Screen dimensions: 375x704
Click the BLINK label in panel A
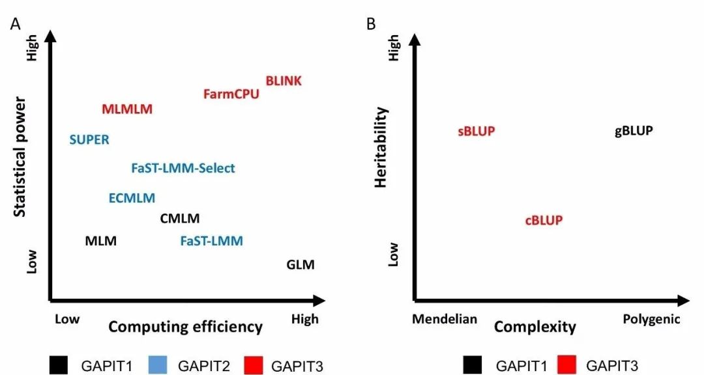tap(284, 81)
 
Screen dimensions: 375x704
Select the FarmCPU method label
tap(231, 94)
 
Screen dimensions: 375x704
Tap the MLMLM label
tap(127, 109)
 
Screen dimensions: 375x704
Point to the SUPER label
tap(89, 139)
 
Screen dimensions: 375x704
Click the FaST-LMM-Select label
tap(183, 169)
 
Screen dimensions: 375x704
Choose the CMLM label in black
tap(180, 219)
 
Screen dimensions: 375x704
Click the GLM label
tap(301, 265)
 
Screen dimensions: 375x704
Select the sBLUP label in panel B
tap(477, 132)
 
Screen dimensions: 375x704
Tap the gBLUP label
tap(634, 132)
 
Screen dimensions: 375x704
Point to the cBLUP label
tap(544, 221)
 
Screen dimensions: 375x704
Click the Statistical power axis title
tap(20, 157)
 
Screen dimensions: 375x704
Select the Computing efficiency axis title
tap(185, 327)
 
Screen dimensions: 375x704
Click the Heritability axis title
tap(381, 148)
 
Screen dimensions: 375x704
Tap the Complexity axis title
tap(535, 327)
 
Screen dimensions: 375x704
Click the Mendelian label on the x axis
tap(445, 320)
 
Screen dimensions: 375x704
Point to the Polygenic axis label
tap(651, 320)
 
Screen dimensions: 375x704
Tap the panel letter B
tap(371, 25)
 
